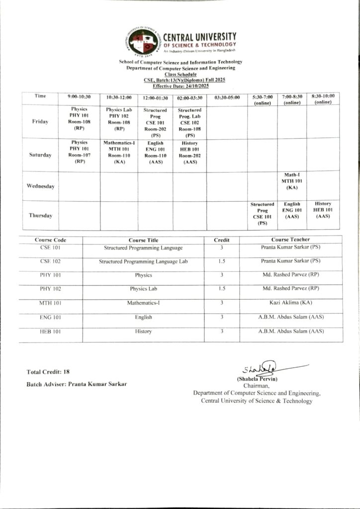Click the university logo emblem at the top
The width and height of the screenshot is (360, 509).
[x=144, y=42]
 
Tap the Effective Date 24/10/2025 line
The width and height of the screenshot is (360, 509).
[x=180, y=86]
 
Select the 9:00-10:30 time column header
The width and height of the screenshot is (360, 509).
[x=79, y=97]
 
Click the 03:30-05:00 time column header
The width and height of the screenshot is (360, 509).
[x=227, y=97]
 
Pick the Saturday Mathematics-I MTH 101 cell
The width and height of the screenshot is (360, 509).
[x=119, y=152]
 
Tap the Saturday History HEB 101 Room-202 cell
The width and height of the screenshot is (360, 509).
[x=189, y=152]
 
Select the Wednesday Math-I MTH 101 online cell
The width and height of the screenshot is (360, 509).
[x=292, y=181]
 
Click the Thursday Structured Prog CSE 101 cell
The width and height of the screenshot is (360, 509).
[x=262, y=214]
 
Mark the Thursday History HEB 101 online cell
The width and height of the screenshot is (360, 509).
[x=323, y=210]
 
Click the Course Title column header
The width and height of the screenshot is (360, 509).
[x=143, y=240]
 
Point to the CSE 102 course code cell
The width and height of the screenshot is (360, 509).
[x=50, y=261]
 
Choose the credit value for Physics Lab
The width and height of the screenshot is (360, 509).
[x=221, y=288]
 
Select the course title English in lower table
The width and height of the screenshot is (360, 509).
[x=143, y=317]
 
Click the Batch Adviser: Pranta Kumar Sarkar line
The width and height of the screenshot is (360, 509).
[x=77, y=385]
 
